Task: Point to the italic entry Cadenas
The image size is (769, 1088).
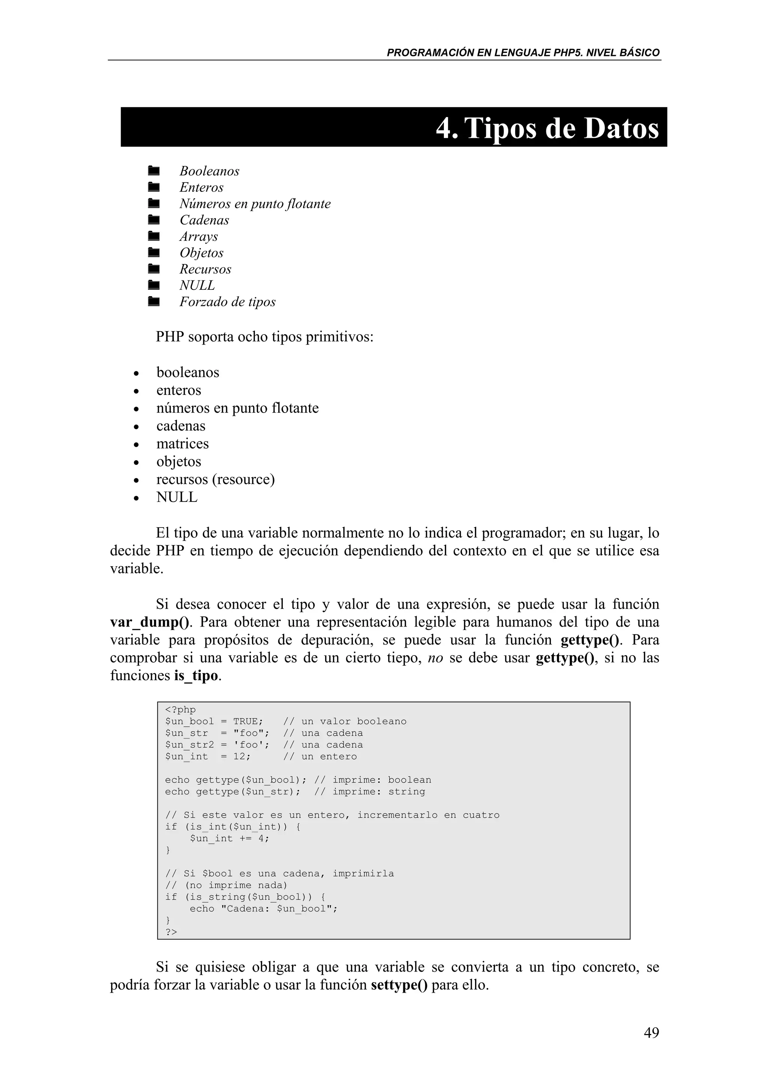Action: click(204, 220)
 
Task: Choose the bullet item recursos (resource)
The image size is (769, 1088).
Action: click(216, 479)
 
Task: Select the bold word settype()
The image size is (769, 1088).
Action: click(399, 985)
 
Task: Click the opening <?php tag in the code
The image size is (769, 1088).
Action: click(180, 710)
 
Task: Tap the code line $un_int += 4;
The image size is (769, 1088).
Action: click(229, 838)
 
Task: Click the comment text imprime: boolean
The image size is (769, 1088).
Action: click(381, 780)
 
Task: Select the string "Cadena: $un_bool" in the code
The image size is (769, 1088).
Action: click(277, 909)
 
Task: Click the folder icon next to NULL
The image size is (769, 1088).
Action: click(153, 285)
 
